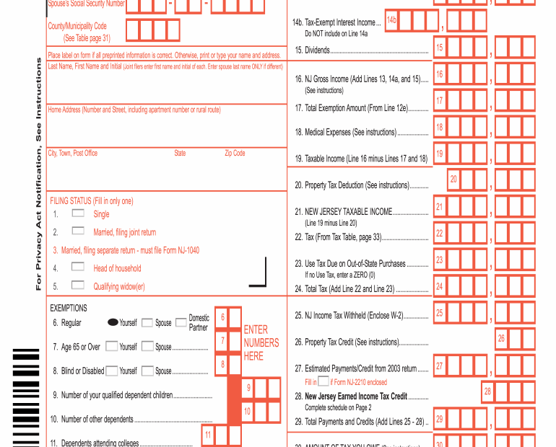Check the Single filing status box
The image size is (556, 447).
[x=78, y=213]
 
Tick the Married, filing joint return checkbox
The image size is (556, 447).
[x=78, y=231]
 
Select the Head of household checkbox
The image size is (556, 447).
[x=78, y=267]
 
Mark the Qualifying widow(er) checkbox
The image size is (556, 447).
[x=78, y=286]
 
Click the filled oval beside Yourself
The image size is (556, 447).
[x=113, y=322]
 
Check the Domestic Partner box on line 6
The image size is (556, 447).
[x=181, y=322]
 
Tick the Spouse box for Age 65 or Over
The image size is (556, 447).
[x=147, y=346]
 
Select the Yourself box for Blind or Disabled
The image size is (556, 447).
[x=112, y=371]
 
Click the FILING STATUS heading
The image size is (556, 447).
[x=92, y=201]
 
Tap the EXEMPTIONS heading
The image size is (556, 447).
[x=69, y=308]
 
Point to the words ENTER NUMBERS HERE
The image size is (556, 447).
[x=261, y=343]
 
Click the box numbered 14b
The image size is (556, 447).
[x=391, y=20]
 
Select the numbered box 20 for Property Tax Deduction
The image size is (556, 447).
[x=453, y=179]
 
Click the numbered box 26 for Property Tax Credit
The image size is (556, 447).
[x=501, y=338]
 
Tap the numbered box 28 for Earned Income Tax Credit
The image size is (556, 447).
[x=487, y=391]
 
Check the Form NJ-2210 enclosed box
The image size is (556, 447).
[x=323, y=381]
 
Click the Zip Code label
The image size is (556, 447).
[x=235, y=153]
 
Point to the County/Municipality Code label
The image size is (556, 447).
[x=77, y=26]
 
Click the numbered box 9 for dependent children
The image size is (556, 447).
[x=248, y=388]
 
